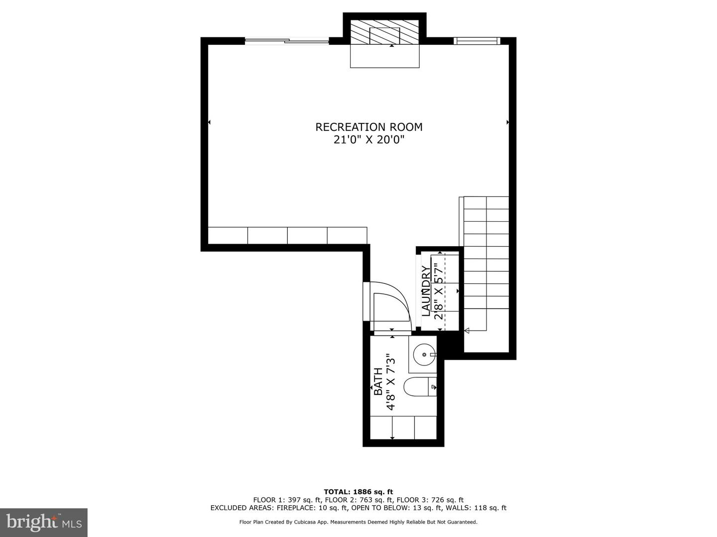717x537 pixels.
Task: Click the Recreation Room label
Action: (x=369, y=127)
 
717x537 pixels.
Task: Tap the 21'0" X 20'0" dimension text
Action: (x=369, y=140)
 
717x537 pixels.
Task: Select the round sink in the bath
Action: (x=424, y=354)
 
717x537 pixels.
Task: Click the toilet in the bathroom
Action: (x=420, y=387)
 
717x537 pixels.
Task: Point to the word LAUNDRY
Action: (x=426, y=291)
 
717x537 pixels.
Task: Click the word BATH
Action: (x=378, y=381)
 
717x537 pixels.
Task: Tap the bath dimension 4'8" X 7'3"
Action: (x=391, y=381)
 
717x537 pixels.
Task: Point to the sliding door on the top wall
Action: (x=287, y=41)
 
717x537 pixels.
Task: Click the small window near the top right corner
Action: (x=477, y=41)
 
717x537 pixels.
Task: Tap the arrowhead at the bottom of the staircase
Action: (x=467, y=331)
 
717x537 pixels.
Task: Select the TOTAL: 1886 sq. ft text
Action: (x=358, y=492)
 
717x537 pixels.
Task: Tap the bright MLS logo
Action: (x=44, y=523)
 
